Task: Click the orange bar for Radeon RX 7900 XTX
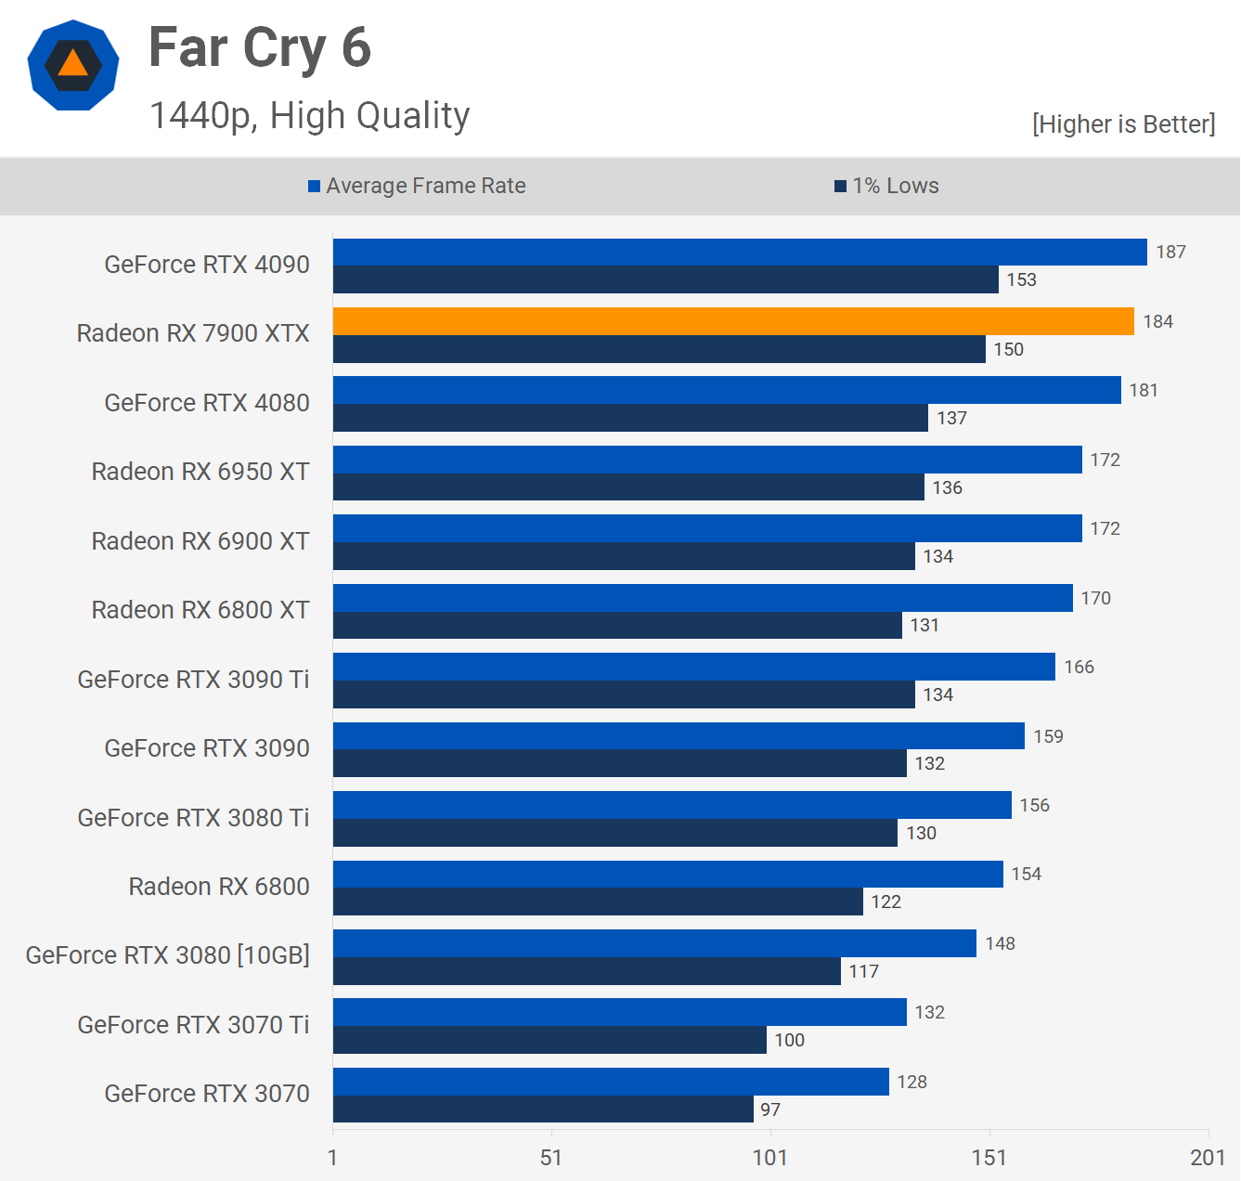pyautogui.click(x=733, y=321)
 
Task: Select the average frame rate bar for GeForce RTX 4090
pyautogui.click(x=740, y=252)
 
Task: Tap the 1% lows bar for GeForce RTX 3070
pyautogui.click(x=543, y=1110)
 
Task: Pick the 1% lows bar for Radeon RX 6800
pyautogui.click(x=598, y=902)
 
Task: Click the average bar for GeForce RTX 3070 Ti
pyautogui.click(x=619, y=1012)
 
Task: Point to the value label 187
pyautogui.click(x=1170, y=252)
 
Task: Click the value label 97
pyautogui.click(x=770, y=1110)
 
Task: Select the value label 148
pyautogui.click(x=1000, y=943)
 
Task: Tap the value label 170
pyautogui.click(x=1095, y=598)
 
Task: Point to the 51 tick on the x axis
pyautogui.click(x=551, y=1157)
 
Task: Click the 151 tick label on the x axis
pyautogui.click(x=989, y=1157)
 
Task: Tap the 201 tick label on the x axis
pyautogui.click(x=1208, y=1157)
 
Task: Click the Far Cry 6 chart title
pyautogui.click(x=260, y=48)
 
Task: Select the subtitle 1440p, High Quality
pyautogui.click(x=309, y=116)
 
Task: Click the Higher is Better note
pyautogui.click(x=1123, y=124)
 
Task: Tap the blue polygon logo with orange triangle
pyautogui.click(x=73, y=65)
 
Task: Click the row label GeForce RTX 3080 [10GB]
pyautogui.click(x=168, y=955)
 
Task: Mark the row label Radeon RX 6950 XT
pyautogui.click(x=200, y=472)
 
